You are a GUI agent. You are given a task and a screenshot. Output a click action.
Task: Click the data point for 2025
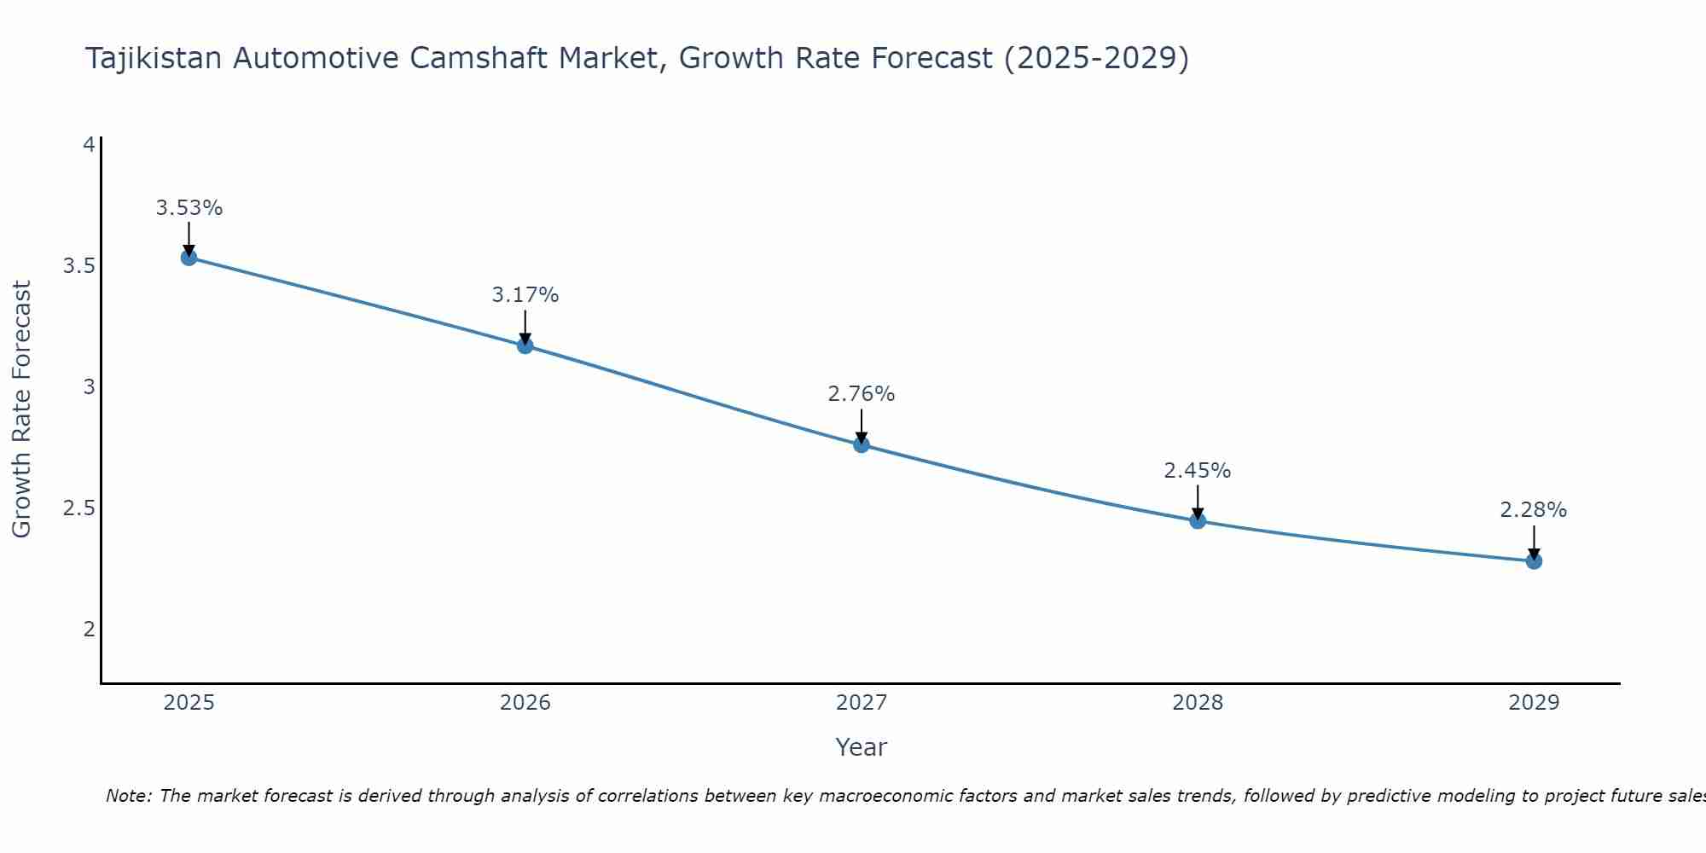tap(189, 258)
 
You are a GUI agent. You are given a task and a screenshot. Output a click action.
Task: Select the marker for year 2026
tap(525, 345)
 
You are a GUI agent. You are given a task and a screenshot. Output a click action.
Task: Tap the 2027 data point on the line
tap(862, 444)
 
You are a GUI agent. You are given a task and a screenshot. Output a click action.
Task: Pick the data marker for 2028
tap(1198, 520)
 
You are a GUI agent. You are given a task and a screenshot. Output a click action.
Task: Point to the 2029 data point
tap(1534, 560)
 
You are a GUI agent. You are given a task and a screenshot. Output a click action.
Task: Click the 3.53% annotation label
tap(189, 208)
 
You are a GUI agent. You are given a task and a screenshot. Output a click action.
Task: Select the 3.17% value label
tap(525, 295)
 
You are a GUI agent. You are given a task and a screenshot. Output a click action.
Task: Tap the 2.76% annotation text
tap(862, 394)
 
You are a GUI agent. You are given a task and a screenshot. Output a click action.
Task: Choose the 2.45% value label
tap(1198, 471)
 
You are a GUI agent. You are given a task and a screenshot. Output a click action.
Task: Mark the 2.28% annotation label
tap(1534, 510)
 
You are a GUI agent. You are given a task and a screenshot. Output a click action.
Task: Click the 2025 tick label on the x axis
tap(189, 703)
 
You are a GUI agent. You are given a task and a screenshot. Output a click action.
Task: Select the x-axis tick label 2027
tap(862, 703)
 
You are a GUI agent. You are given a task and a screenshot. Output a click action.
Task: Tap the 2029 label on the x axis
tap(1534, 703)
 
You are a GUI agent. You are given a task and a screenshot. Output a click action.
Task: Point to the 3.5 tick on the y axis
tap(78, 266)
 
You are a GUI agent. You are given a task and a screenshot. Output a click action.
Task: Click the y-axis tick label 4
tap(88, 145)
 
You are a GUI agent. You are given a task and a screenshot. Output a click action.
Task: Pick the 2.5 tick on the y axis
tap(78, 508)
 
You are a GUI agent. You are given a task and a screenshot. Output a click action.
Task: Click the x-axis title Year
tap(862, 747)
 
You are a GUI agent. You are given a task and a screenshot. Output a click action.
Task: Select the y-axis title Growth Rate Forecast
tap(22, 409)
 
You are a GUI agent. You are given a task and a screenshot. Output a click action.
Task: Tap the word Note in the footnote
tap(128, 796)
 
